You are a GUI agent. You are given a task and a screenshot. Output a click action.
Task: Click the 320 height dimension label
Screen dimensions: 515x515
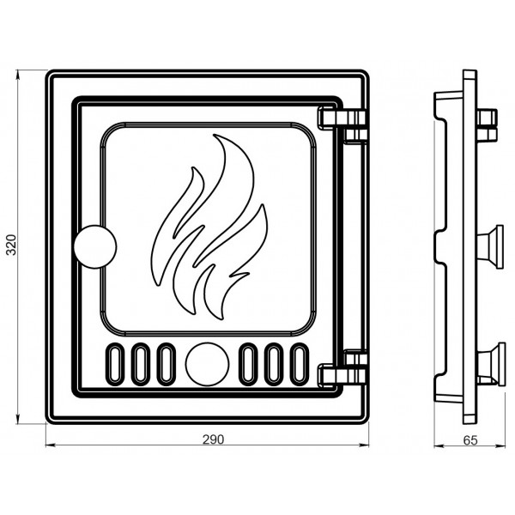click(11, 245)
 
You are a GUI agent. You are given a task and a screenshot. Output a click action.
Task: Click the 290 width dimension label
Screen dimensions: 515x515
click(213, 439)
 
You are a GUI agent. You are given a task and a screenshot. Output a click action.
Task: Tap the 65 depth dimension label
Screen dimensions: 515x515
click(470, 440)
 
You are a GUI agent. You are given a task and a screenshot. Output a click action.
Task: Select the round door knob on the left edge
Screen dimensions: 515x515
click(95, 246)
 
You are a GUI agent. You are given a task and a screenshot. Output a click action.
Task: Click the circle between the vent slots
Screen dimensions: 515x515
click(207, 364)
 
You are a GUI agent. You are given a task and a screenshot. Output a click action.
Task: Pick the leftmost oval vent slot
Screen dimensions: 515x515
click(114, 364)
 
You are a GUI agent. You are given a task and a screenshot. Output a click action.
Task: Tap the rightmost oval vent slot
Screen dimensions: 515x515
click(300, 364)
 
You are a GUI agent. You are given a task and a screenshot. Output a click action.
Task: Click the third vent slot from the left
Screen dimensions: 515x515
click(167, 364)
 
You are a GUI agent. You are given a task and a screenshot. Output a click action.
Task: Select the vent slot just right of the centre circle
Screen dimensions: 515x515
click(248, 364)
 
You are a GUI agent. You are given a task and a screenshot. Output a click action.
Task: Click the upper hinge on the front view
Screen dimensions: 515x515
click(342, 124)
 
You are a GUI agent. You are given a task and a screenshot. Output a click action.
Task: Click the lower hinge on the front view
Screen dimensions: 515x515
click(342, 369)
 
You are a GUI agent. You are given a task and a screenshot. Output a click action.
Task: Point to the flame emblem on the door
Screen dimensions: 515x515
click(209, 227)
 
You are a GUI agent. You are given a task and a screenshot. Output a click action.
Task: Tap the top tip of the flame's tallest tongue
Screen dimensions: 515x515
click(214, 135)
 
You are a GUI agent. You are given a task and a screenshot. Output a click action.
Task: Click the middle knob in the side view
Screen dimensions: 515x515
click(490, 246)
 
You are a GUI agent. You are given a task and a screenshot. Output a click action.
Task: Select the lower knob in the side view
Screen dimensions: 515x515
click(490, 364)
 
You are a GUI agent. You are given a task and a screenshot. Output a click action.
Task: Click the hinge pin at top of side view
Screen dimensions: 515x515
click(487, 125)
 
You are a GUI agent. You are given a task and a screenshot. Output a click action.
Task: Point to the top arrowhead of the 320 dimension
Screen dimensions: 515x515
click(18, 75)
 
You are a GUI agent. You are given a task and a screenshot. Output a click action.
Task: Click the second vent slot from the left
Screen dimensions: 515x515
click(140, 364)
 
